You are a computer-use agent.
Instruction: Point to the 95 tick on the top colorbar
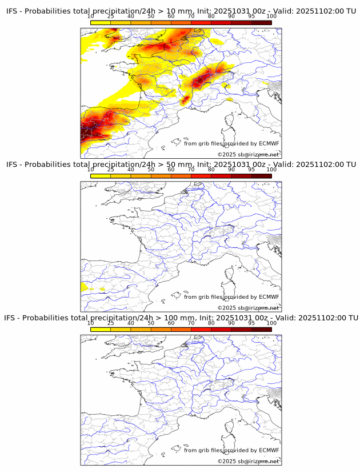pyautogui.click(x=251, y=17)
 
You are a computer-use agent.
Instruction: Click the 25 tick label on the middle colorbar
pyautogui.click(x=110, y=170)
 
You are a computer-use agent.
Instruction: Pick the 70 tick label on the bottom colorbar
pyautogui.click(x=191, y=323)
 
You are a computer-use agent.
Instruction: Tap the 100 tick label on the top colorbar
pyautogui.click(x=271, y=17)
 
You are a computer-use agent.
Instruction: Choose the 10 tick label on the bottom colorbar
pyautogui.click(x=90, y=323)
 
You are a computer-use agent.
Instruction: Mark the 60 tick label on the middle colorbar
pyautogui.click(x=171, y=170)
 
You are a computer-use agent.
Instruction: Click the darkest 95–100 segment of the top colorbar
pyautogui.click(x=261, y=22)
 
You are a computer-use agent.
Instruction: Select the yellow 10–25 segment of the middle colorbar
pyautogui.click(x=101, y=175)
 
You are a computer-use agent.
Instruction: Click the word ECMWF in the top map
pyautogui.click(x=269, y=144)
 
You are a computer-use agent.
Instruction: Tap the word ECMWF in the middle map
pyautogui.click(x=269, y=297)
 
